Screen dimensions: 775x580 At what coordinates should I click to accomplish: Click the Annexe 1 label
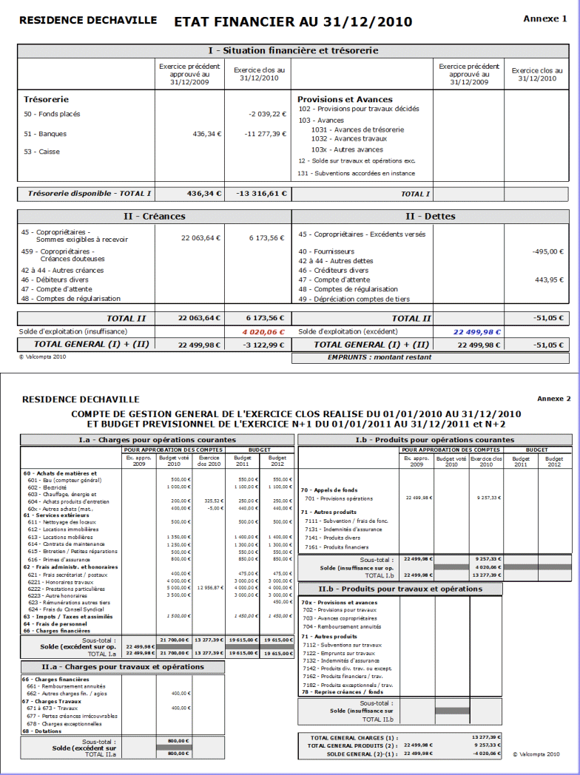(544, 18)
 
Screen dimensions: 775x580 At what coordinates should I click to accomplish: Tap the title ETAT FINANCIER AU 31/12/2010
(293, 22)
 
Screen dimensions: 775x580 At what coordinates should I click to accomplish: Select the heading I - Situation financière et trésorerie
(293, 51)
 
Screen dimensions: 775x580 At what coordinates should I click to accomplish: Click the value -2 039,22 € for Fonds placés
(267, 115)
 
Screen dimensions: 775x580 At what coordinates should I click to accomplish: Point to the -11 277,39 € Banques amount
(266, 134)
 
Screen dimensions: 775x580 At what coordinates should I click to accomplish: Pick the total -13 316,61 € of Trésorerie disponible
(261, 194)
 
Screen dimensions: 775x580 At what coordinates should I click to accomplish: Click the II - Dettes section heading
(430, 217)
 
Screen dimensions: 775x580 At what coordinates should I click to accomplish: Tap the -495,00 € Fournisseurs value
(547, 251)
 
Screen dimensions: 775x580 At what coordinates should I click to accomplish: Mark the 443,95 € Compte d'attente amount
(549, 280)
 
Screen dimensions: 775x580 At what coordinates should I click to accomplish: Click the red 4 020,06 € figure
(263, 332)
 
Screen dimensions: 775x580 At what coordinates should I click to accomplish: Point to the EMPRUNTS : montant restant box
(380, 357)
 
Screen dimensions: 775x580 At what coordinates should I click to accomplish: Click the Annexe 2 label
(553, 399)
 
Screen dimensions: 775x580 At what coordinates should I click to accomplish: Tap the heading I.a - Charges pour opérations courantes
(158, 440)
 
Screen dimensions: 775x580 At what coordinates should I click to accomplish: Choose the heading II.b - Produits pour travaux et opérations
(400, 589)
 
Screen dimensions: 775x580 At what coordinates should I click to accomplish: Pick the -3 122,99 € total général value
(264, 345)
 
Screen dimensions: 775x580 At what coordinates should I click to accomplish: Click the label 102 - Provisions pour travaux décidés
(358, 109)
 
